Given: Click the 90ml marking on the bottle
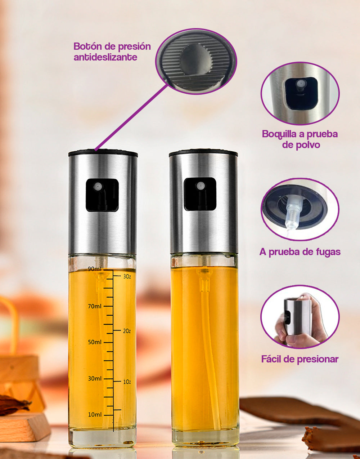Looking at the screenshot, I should pyautogui.click(x=95, y=269).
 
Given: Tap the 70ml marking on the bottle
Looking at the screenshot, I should pyautogui.click(x=95, y=306).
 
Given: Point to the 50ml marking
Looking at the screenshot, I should pyautogui.click(x=95, y=342).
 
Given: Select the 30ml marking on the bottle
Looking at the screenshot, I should pyautogui.click(x=95, y=379).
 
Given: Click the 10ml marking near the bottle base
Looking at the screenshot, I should pyautogui.click(x=95, y=415).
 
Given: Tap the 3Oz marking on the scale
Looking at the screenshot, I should pyautogui.click(x=127, y=277).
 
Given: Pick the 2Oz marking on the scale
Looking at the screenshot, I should pyautogui.click(x=127, y=331).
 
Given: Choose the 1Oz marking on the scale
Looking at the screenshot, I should pyautogui.click(x=127, y=382).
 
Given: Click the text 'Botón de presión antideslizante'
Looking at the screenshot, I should pyautogui.click(x=112, y=52).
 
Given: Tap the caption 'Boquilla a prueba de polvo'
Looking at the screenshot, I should pyautogui.click(x=300, y=139).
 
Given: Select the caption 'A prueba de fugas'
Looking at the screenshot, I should pyautogui.click(x=300, y=252).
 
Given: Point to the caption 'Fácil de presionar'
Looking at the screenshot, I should pyautogui.click(x=300, y=359).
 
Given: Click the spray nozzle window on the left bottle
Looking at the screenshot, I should pyautogui.click(x=102, y=195).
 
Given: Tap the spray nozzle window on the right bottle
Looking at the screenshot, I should pyautogui.click(x=200, y=194).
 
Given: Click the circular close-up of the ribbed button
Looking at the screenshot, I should pyautogui.click(x=196, y=61).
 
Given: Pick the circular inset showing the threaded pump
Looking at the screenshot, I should pyautogui.click(x=300, y=209).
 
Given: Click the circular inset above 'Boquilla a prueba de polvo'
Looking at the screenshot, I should pyautogui.click(x=300, y=93).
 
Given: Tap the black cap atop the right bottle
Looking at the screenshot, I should pyautogui.click(x=203, y=152).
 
